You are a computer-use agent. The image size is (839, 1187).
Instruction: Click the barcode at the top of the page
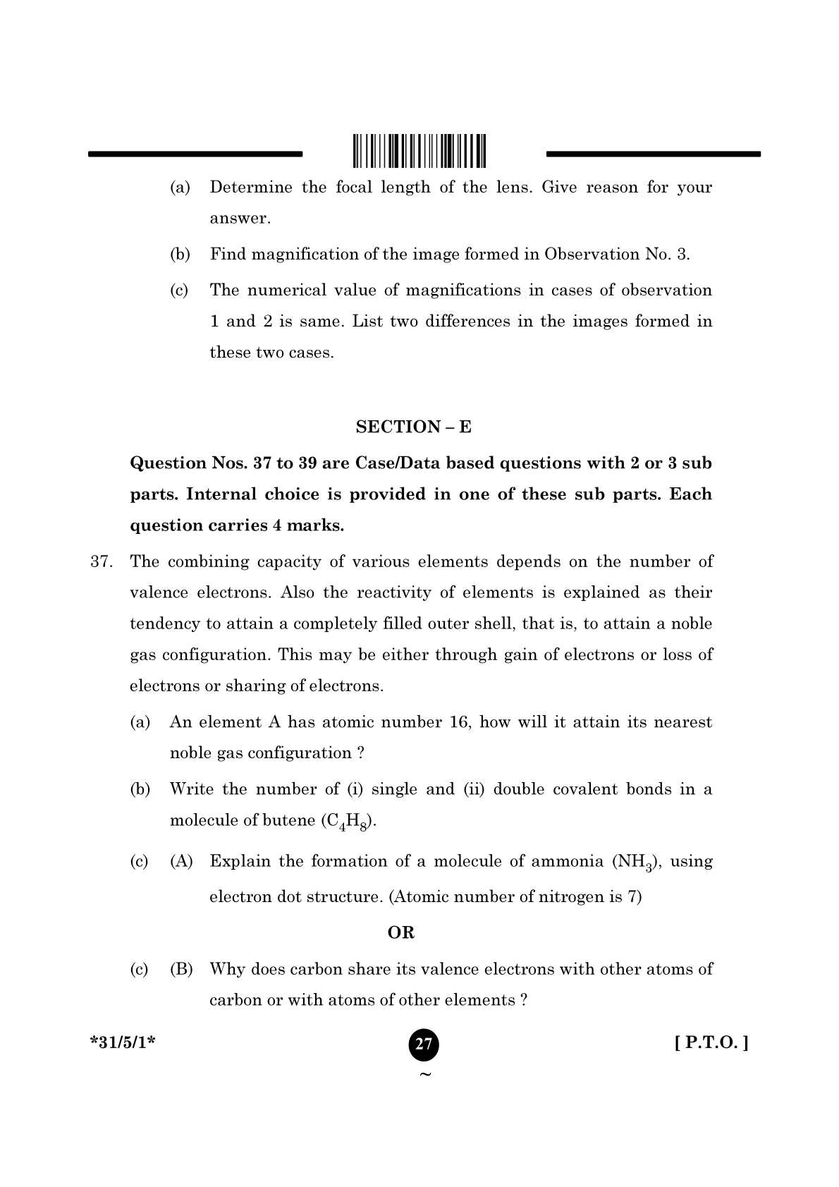click(x=420, y=150)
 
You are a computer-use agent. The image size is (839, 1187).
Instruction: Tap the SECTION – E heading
click(x=413, y=427)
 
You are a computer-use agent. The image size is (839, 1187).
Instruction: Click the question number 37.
click(x=102, y=561)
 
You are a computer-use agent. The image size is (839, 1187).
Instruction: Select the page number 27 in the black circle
click(x=423, y=1044)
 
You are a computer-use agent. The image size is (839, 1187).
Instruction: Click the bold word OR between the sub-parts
click(x=401, y=932)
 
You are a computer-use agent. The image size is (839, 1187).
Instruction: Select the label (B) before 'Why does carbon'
click(x=181, y=969)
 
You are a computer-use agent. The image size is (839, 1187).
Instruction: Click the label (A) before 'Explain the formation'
click(x=181, y=861)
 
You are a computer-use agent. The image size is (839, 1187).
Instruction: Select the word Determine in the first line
click(x=250, y=188)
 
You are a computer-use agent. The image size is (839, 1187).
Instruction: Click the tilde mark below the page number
click(x=424, y=1075)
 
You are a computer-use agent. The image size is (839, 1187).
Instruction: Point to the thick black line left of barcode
click(x=195, y=153)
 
